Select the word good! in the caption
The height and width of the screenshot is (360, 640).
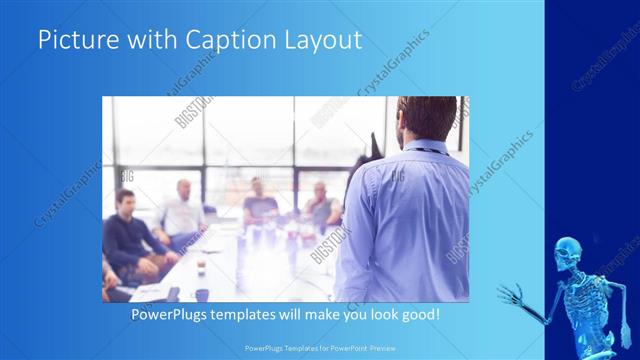[418, 314]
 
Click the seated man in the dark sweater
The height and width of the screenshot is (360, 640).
[128, 235]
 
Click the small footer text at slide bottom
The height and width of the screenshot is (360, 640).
[320, 351]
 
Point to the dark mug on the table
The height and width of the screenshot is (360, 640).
[202, 294]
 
